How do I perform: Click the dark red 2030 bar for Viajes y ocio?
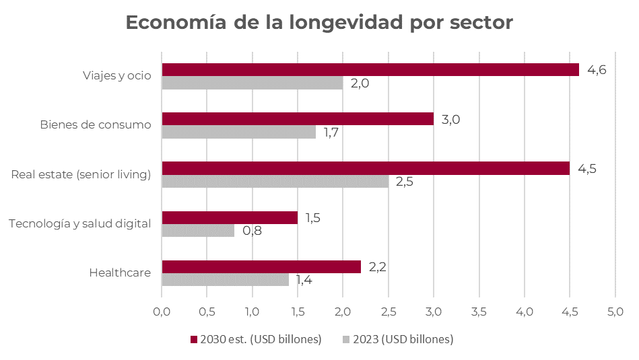370,70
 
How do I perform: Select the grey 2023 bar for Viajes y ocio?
253,83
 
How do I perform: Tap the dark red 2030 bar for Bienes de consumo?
298,119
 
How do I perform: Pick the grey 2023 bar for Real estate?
275,182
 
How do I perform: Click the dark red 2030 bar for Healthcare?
261,267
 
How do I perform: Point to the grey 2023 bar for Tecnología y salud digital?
198,231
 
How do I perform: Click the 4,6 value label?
597,70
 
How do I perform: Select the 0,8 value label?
252,231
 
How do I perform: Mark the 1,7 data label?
331,133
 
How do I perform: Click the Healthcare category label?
120,273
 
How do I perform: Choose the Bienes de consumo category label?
95,124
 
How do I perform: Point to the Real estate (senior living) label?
81,174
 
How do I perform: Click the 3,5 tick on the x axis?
479,312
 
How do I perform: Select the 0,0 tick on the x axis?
162,312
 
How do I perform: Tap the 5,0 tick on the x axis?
615,312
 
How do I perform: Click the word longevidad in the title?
345,22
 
